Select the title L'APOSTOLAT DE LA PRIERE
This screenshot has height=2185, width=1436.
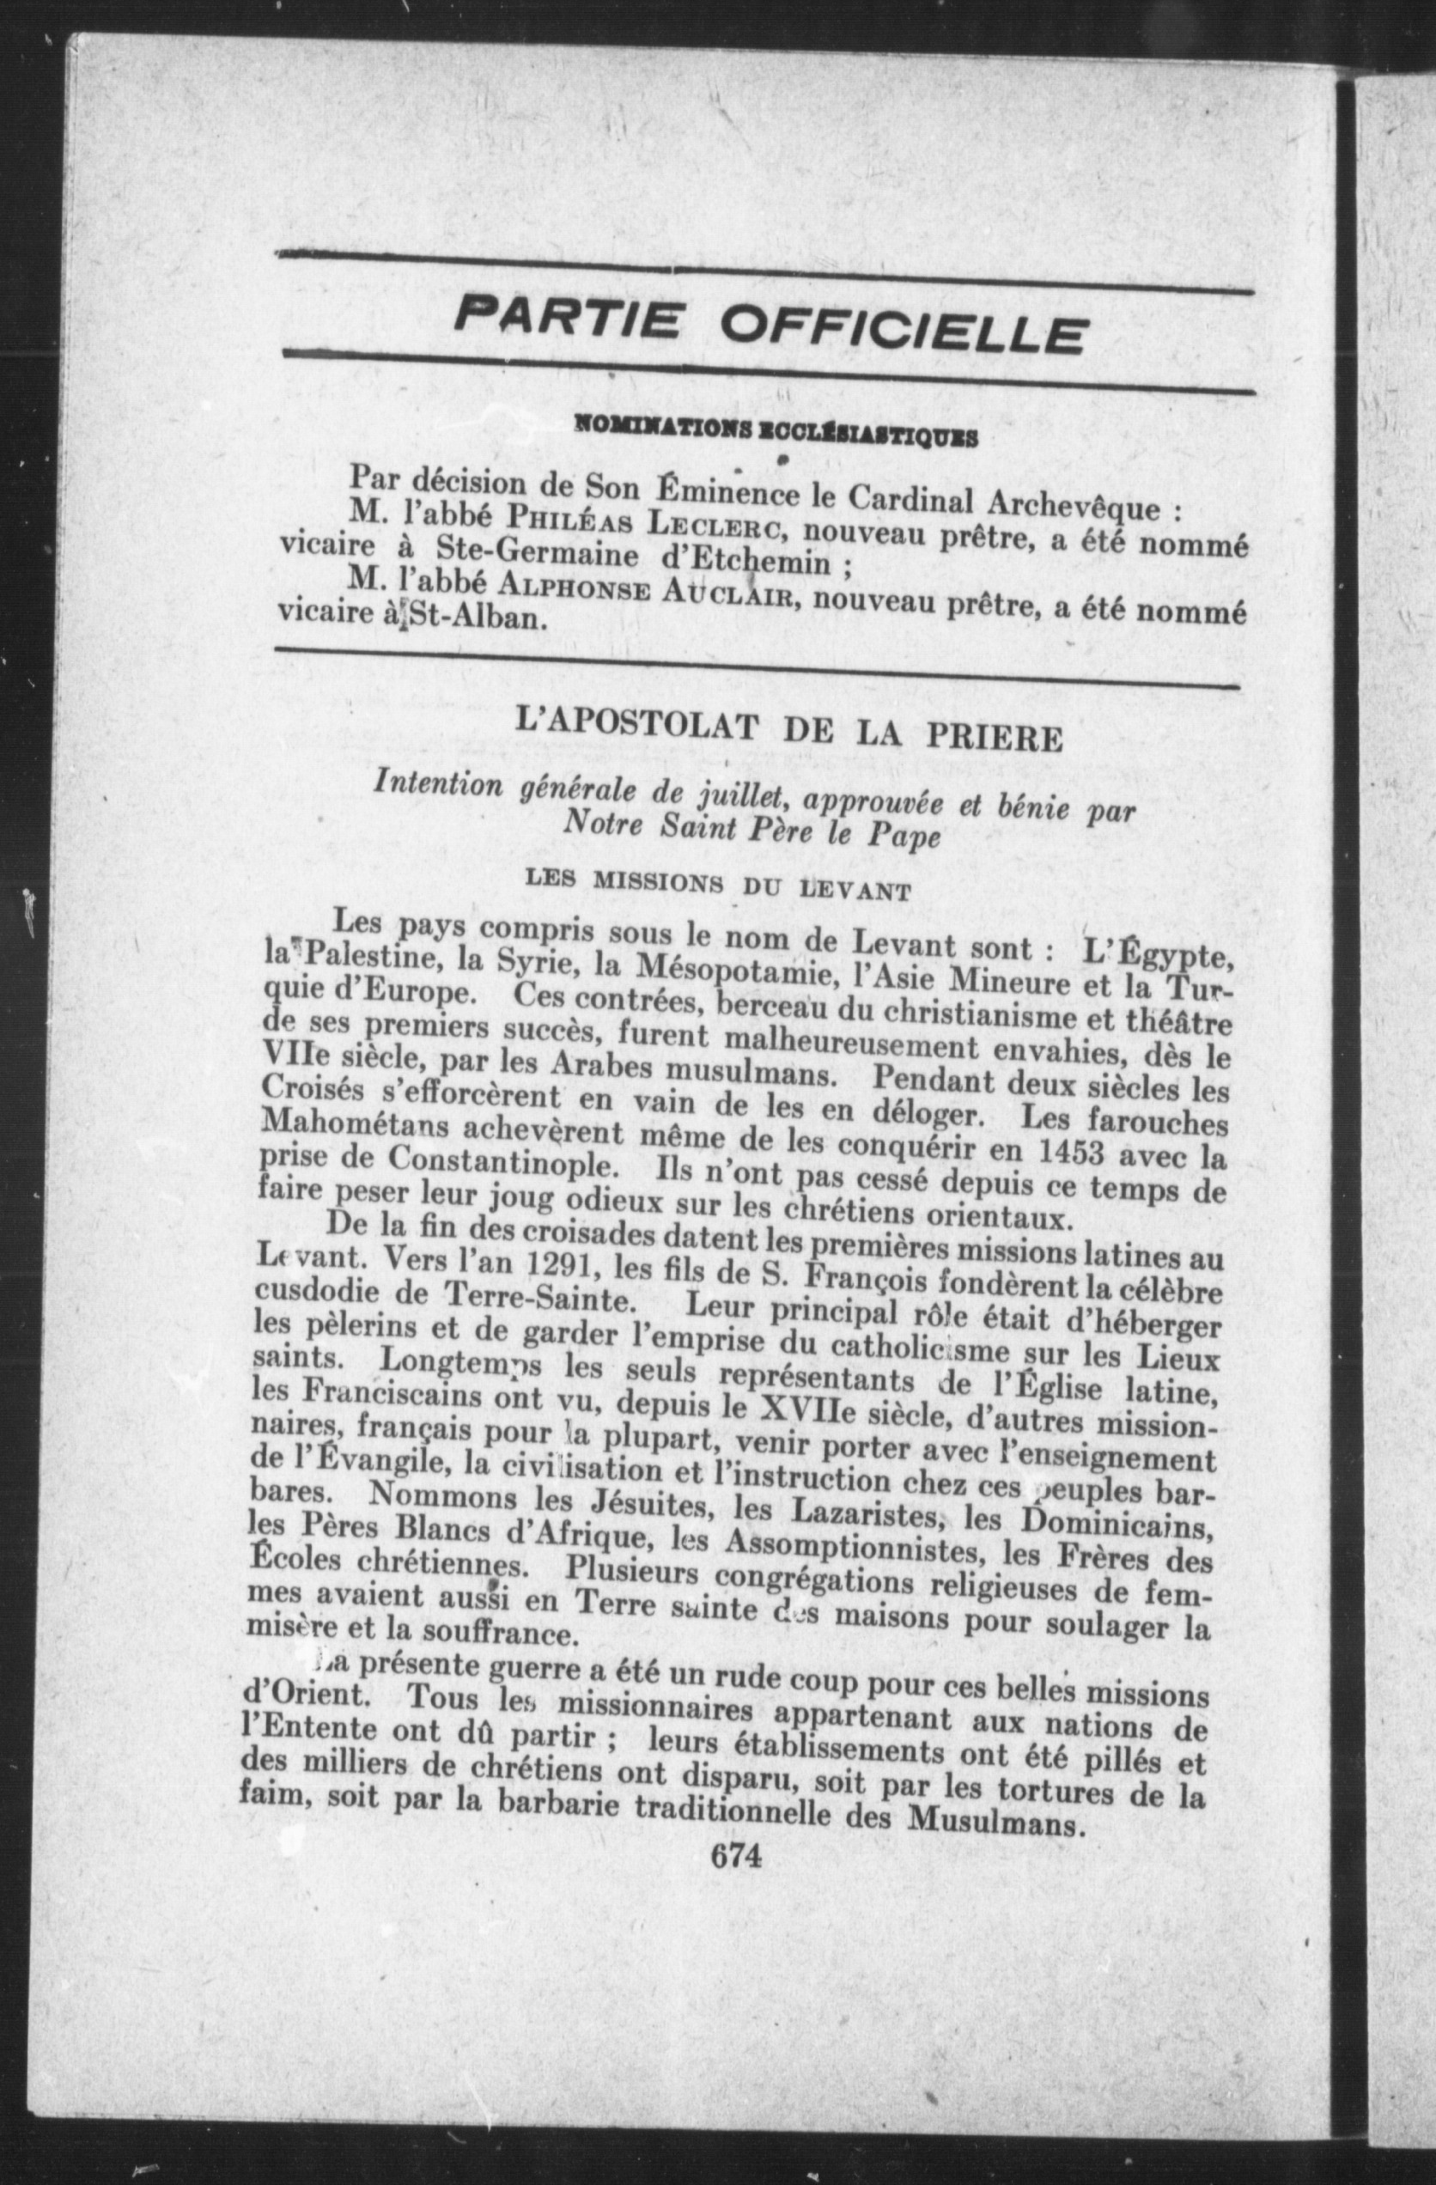[788, 732]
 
